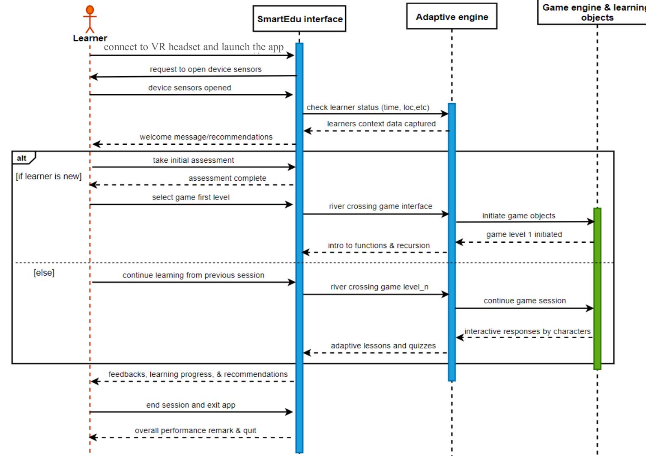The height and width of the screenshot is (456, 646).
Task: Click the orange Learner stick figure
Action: [x=90, y=19]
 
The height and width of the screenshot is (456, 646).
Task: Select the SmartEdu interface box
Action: [x=299, y=19]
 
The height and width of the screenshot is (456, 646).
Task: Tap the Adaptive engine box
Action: [x=452, y=17]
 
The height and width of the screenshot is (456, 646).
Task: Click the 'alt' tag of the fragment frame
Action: [x=22, y=158]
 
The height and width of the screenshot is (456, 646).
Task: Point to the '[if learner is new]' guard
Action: [x=48, y=176]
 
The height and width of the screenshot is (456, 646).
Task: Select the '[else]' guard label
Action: [x=44, y=273]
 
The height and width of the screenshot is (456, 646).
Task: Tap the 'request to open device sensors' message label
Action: [x=206, y=69]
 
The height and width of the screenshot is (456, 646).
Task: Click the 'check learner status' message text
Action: [x=368, y=107]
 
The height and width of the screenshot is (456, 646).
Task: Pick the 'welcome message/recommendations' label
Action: [x=206, y=137]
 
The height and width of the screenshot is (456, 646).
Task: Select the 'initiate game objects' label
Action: [x=519, y=216]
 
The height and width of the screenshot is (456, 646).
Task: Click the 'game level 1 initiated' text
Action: [x=524, y=234]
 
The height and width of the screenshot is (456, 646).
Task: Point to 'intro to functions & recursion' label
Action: [x=379, y=245]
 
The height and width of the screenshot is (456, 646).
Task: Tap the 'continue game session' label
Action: [x=525, y=301]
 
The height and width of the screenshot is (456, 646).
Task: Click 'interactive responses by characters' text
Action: [x=527, y=331]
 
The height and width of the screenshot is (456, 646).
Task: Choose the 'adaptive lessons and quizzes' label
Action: [x=383, y=346]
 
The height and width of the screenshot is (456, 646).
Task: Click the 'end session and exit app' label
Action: [x=191, y=405]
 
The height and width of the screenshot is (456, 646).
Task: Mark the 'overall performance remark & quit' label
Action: [x=195, y=430]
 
